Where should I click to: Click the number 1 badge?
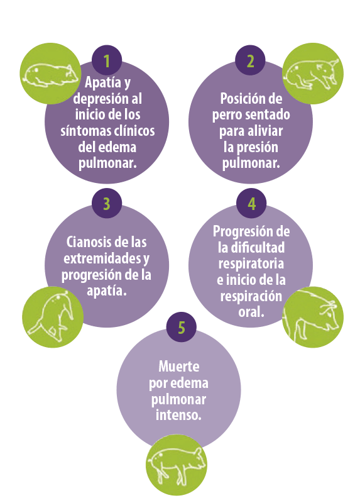click(107, 60)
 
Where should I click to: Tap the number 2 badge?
click(250, 60)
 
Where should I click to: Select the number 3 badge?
click(107, 203)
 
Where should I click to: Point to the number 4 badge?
click(251, 203)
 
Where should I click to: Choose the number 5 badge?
click(182, 327)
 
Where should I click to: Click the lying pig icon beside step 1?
click(50, 74)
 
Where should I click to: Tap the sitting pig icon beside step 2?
click(313, 74)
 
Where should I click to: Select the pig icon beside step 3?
click(53, 317)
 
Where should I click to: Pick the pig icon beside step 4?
click(313, 317)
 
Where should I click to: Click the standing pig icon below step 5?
click(177, 465)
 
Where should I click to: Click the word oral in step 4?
click(251, 312)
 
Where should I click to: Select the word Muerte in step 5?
click(179, 367)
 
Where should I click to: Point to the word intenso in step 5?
click(178, 415)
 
